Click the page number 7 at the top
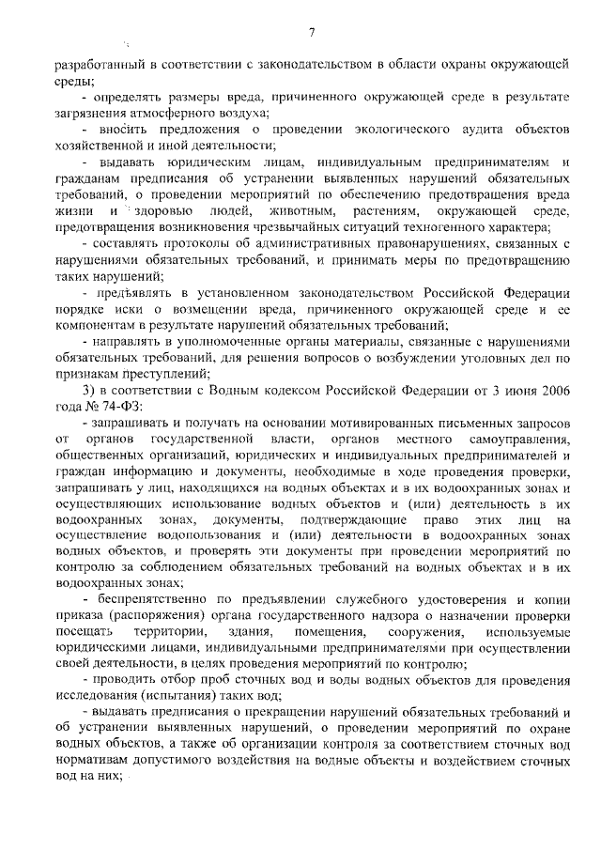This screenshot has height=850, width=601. tap(310, 34)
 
